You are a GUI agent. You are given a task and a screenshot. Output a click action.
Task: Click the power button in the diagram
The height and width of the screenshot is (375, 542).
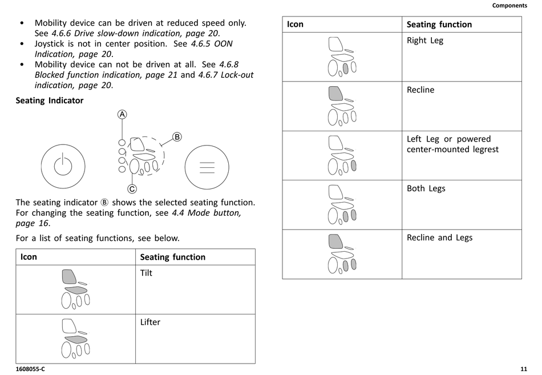coord(63,167)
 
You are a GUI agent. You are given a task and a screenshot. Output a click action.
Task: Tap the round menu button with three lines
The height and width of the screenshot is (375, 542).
coord(207,167)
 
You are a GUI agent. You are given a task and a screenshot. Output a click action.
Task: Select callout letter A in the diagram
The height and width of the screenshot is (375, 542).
coord(122,114)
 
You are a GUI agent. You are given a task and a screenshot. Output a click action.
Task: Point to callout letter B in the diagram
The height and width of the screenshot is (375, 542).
coord(177,137)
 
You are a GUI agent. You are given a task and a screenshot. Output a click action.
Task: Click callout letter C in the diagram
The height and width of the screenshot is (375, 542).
coord(132,189)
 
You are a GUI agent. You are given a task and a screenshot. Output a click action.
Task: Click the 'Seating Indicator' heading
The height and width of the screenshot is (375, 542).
coord(50,100)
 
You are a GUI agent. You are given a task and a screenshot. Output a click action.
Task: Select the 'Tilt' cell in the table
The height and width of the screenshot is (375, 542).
coord(147,273)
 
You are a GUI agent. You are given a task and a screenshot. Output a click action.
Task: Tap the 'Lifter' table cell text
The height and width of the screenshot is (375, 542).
coord(151,322)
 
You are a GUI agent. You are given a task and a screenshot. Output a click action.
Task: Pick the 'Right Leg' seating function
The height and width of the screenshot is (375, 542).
coord(425,41)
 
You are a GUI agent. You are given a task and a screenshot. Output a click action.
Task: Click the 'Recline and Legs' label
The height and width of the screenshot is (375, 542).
coord(439,238)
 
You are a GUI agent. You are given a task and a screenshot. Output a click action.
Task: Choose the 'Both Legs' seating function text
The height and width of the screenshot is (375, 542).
coord(426,189)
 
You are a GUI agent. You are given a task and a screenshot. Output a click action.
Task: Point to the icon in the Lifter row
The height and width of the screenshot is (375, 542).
coord(75,338)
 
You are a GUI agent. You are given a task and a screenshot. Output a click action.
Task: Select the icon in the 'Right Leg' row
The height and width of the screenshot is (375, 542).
coord(342,57)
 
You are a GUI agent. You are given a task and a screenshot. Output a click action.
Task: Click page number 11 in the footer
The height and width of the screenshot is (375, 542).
coord(524,369)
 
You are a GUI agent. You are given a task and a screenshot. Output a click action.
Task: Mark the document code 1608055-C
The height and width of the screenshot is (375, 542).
coord(30,369)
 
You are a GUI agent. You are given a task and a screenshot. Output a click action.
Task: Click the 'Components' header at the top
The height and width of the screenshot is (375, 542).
coord(509,6)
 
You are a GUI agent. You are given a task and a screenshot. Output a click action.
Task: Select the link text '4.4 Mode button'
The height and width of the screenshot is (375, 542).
coord(207,213)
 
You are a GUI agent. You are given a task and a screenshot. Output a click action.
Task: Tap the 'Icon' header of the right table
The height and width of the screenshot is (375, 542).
coord(295,25)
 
